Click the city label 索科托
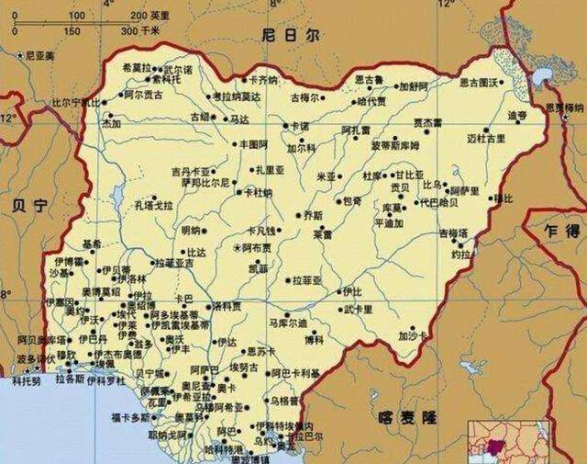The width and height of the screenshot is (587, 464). coord(167,80)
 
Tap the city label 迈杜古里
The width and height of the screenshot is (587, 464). coord(485,138)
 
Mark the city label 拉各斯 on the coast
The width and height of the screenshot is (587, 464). coord(71,378)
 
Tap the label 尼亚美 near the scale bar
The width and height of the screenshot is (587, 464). coord(39,56)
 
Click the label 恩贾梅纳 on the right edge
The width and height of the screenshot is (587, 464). coord(563,108)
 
